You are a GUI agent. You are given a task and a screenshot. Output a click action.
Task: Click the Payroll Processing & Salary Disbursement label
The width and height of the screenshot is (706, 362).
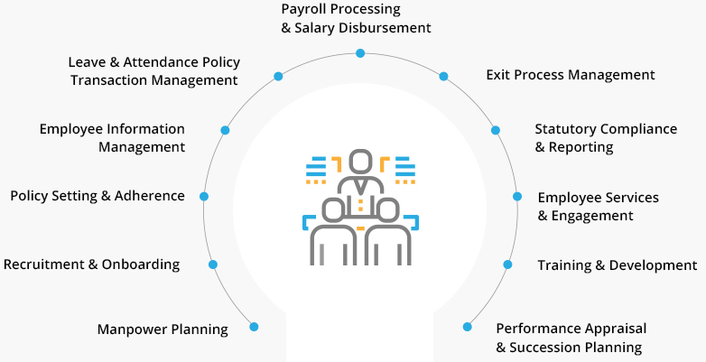(x=356, y=18)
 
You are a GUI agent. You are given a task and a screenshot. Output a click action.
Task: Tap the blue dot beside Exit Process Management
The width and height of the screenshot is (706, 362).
(x=443, y=77)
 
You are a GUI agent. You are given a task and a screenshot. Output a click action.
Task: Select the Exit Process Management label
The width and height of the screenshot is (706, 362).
(x=570, y=75)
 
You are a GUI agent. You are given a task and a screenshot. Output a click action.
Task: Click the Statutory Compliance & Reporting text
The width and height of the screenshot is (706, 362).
(x=605, y=138)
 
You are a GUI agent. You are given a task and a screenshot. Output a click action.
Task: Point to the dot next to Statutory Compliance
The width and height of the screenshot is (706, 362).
(x=496, y=130)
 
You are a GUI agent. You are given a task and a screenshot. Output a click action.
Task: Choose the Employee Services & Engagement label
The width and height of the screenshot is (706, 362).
(x=598, y=207)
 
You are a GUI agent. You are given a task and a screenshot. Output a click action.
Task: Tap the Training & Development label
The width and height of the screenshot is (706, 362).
(x=617, y=265)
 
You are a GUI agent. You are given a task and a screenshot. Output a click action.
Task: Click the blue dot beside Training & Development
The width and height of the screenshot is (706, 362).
(x=507, y=265)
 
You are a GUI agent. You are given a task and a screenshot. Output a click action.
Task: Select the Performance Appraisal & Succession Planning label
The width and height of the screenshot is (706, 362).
(x=571, y=338)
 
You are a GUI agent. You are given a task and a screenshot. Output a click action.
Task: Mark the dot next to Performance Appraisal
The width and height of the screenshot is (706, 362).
(x=468, y=327)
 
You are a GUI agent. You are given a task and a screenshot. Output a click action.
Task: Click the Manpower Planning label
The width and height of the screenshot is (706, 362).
(x=163, y=329)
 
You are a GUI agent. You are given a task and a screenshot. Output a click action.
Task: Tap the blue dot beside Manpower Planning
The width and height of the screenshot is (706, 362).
(x=254, y=327)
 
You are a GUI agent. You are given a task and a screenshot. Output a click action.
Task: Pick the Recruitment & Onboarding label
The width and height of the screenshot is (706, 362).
(x=91, y=265)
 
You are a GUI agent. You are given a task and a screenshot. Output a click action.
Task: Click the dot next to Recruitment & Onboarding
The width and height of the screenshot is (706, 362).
(x=213, y=265)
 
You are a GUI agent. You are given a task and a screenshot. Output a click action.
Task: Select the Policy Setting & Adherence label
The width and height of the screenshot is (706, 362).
(x=97, y=196)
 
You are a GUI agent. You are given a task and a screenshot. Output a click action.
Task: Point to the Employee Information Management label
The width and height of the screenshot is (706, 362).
(x=112, y=138)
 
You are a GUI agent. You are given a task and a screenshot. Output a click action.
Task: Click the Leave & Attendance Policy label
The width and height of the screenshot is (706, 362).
(x=153, y=70)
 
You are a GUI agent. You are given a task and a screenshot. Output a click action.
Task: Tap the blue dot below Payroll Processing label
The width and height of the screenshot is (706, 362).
(x=360, y=53)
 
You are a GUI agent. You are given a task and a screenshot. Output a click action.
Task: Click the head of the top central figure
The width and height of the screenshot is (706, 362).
(x=360, y=162)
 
